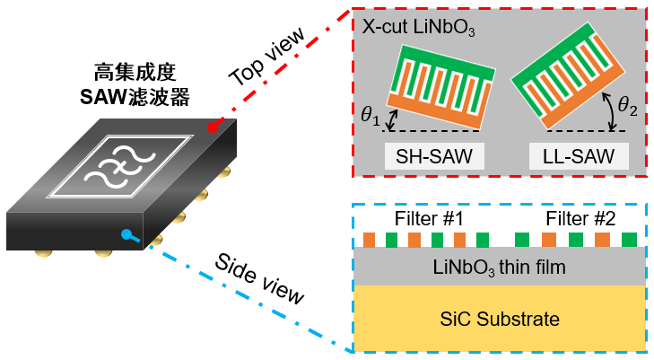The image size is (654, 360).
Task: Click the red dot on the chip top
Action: click(213, 127)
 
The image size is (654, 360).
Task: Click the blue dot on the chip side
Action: click(126, 236)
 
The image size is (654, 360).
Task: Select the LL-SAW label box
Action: click(578, 157)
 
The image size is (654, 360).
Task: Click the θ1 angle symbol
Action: click(370, 116)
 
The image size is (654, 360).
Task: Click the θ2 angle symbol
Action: click(630, 112)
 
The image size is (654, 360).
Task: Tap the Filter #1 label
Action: click(430, 218)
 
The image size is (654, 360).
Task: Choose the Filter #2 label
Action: click(580, 218)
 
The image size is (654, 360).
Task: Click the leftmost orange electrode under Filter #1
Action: click(369, 240)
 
